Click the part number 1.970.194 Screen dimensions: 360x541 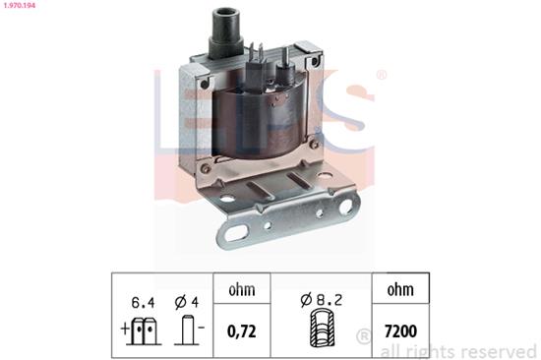coord(21,6)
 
